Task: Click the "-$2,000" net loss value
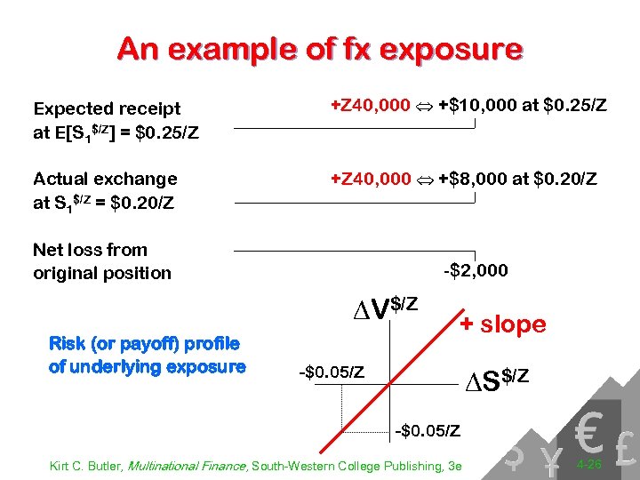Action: coord(476,270)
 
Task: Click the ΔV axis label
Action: coord(384,308)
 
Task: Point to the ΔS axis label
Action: coord(498,380)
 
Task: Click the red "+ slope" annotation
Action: coord(502,324)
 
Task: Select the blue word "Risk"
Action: coord(68,343)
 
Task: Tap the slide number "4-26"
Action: coord(590,465)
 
